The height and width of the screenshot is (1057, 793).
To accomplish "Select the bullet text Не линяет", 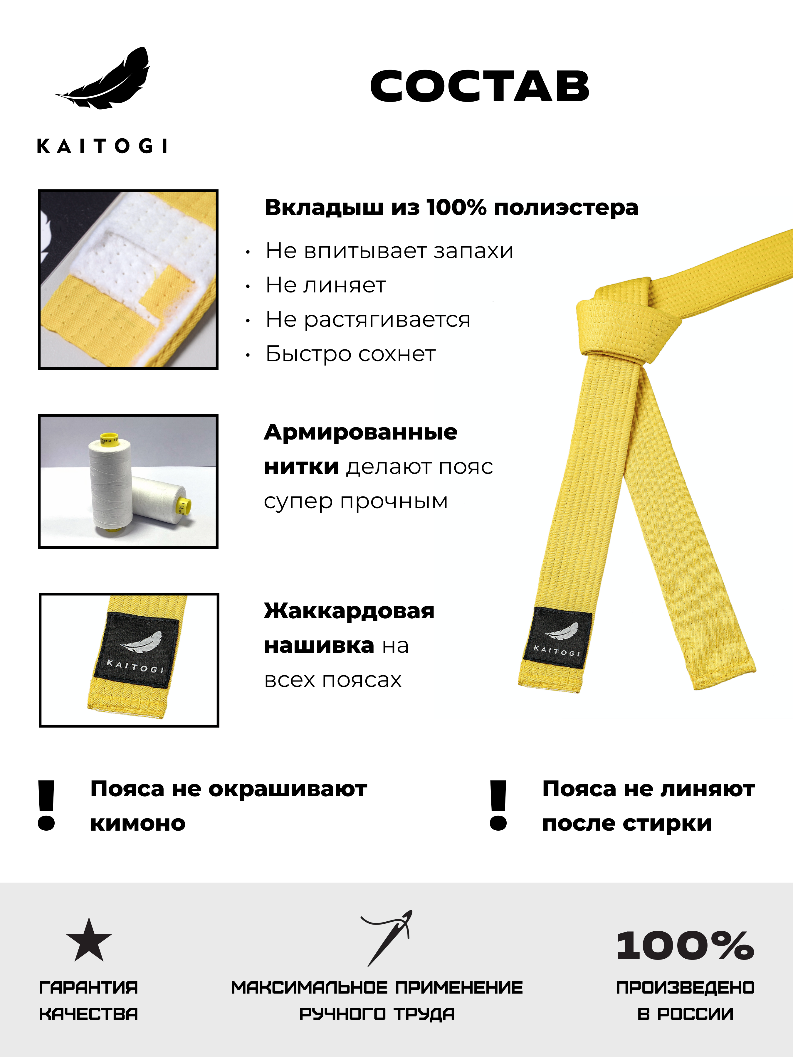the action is (325, 285).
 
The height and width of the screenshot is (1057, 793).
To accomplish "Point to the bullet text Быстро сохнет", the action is (350, 354).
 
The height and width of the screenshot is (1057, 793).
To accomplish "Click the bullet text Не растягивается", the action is (368, 320).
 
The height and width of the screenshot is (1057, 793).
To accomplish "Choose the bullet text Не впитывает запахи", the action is (389, 251).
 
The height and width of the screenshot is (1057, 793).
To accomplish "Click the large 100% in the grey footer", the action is (685, 946).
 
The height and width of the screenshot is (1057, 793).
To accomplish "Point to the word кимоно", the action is (138, 823).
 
